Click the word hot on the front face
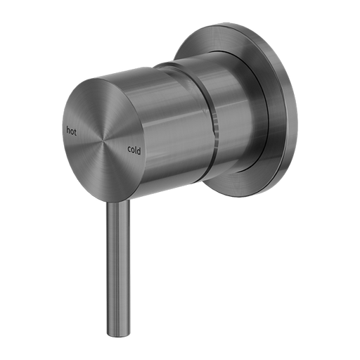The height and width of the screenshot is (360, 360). pyautogui.click(x=71, y=130)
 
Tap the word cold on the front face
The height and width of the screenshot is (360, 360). pyautogui.click(x=135, y=148)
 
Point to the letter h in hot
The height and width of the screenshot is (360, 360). pyautogui.click(x=67, y=130)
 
